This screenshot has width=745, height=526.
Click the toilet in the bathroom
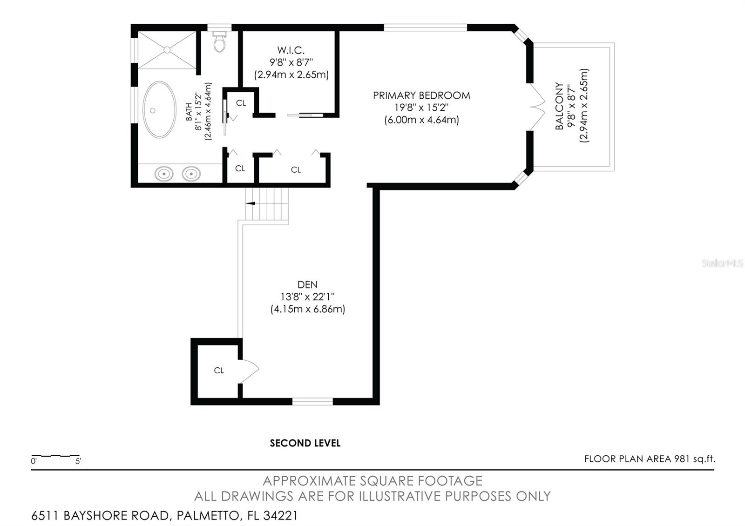pos(219,42)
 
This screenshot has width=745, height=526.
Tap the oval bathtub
pos(159,110)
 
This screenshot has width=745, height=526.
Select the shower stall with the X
pos(167,50)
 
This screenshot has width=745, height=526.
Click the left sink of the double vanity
pos(164,174)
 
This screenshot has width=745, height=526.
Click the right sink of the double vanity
pos(191,174)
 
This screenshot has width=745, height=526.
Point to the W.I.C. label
pos(291,50)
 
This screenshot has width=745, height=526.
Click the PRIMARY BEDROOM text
pos(421,95)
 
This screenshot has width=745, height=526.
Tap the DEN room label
pos(307,284)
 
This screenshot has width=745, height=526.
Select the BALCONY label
pos(559,106)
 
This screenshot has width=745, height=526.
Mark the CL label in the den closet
pos(219,371)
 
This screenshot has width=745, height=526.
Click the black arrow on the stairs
pos(251,203)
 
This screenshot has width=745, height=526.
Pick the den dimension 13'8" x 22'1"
pos(307,297)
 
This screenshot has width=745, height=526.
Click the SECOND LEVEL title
pos(305,443)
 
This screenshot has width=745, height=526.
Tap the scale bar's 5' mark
pos(78,462)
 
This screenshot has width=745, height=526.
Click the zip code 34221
pos(280,516)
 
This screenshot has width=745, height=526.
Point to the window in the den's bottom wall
pos(312,401)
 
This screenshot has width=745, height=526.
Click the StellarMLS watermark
pos(722,263)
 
